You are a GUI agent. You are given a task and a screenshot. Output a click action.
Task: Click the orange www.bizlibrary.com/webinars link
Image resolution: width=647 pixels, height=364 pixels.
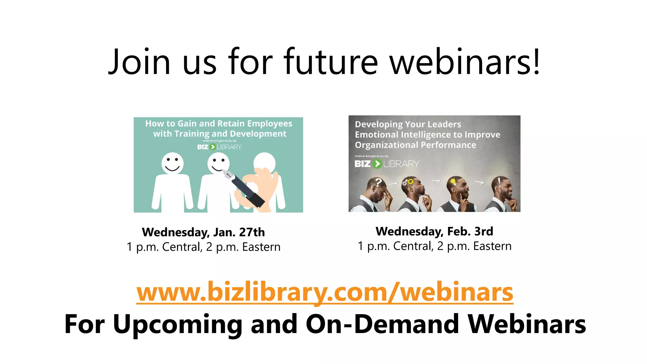click(x=325, y=292)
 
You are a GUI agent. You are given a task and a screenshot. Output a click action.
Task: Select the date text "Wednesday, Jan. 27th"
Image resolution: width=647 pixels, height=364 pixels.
click(x=203, y=232)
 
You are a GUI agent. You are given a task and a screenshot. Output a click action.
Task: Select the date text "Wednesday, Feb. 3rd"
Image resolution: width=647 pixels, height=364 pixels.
click(x=434, y=231)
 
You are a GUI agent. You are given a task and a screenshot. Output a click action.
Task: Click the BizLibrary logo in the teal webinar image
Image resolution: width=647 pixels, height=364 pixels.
click(x=219, y=147)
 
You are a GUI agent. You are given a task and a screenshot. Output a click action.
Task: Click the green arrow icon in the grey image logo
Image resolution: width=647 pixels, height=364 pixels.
click(x=377, y=164)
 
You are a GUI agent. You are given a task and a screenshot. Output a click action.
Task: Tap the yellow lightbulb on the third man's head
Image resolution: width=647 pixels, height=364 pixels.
click(x=453, y=181)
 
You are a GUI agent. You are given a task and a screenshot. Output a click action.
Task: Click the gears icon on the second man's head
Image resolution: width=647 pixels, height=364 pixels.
click(x=408, y=182)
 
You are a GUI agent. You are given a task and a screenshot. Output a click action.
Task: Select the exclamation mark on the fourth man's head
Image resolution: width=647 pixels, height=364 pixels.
click(x=499, y=181)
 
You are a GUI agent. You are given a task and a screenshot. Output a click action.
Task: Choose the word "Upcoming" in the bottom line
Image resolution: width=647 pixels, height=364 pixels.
click(x=178, y=324)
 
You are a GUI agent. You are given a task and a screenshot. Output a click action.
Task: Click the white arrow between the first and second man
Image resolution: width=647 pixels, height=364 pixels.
click(x=393, y=184)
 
